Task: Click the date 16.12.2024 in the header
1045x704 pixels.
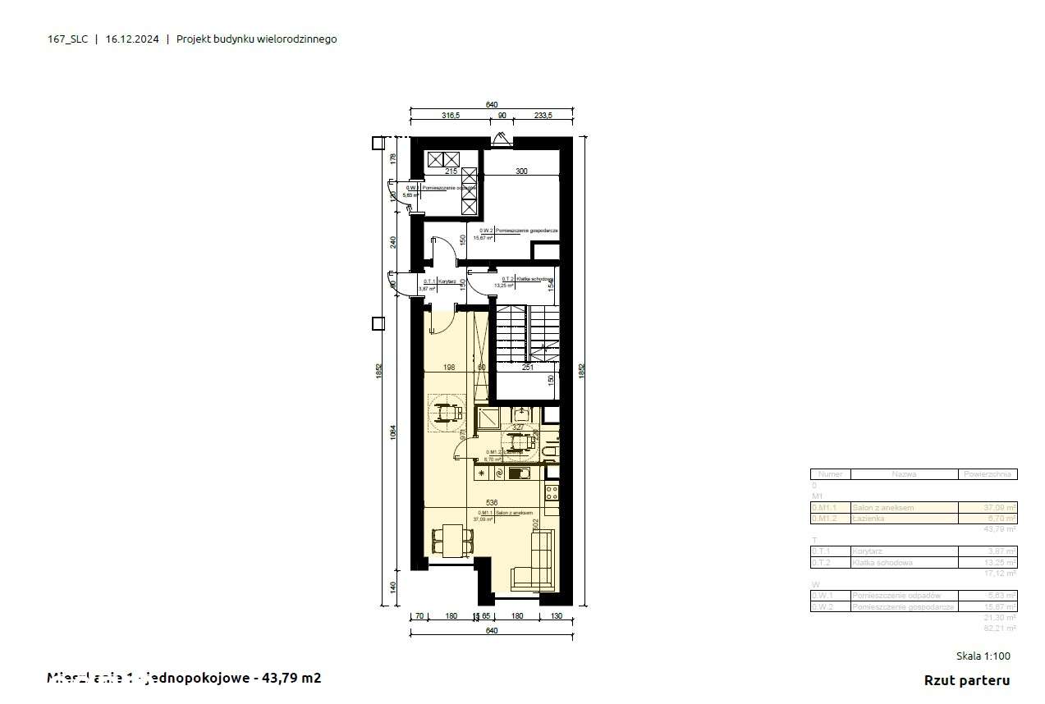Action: (x=132, y=39)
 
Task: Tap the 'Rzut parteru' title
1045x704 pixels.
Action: (x=966, y=680)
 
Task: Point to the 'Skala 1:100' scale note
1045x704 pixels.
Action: (x=983, y=656)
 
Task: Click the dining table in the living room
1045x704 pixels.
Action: (x=453, y=540)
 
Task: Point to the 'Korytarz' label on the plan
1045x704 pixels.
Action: (x=447, y=281)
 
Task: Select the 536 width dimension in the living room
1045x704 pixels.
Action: (x=492, y=502)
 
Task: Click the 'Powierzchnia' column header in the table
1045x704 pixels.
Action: (x=988, y=474)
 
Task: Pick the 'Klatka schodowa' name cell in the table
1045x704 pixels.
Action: (x=904, y=563)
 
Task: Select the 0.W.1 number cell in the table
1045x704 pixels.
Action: (x=830, y=595)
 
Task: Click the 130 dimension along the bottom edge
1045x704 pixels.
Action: (x=557, y=615)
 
